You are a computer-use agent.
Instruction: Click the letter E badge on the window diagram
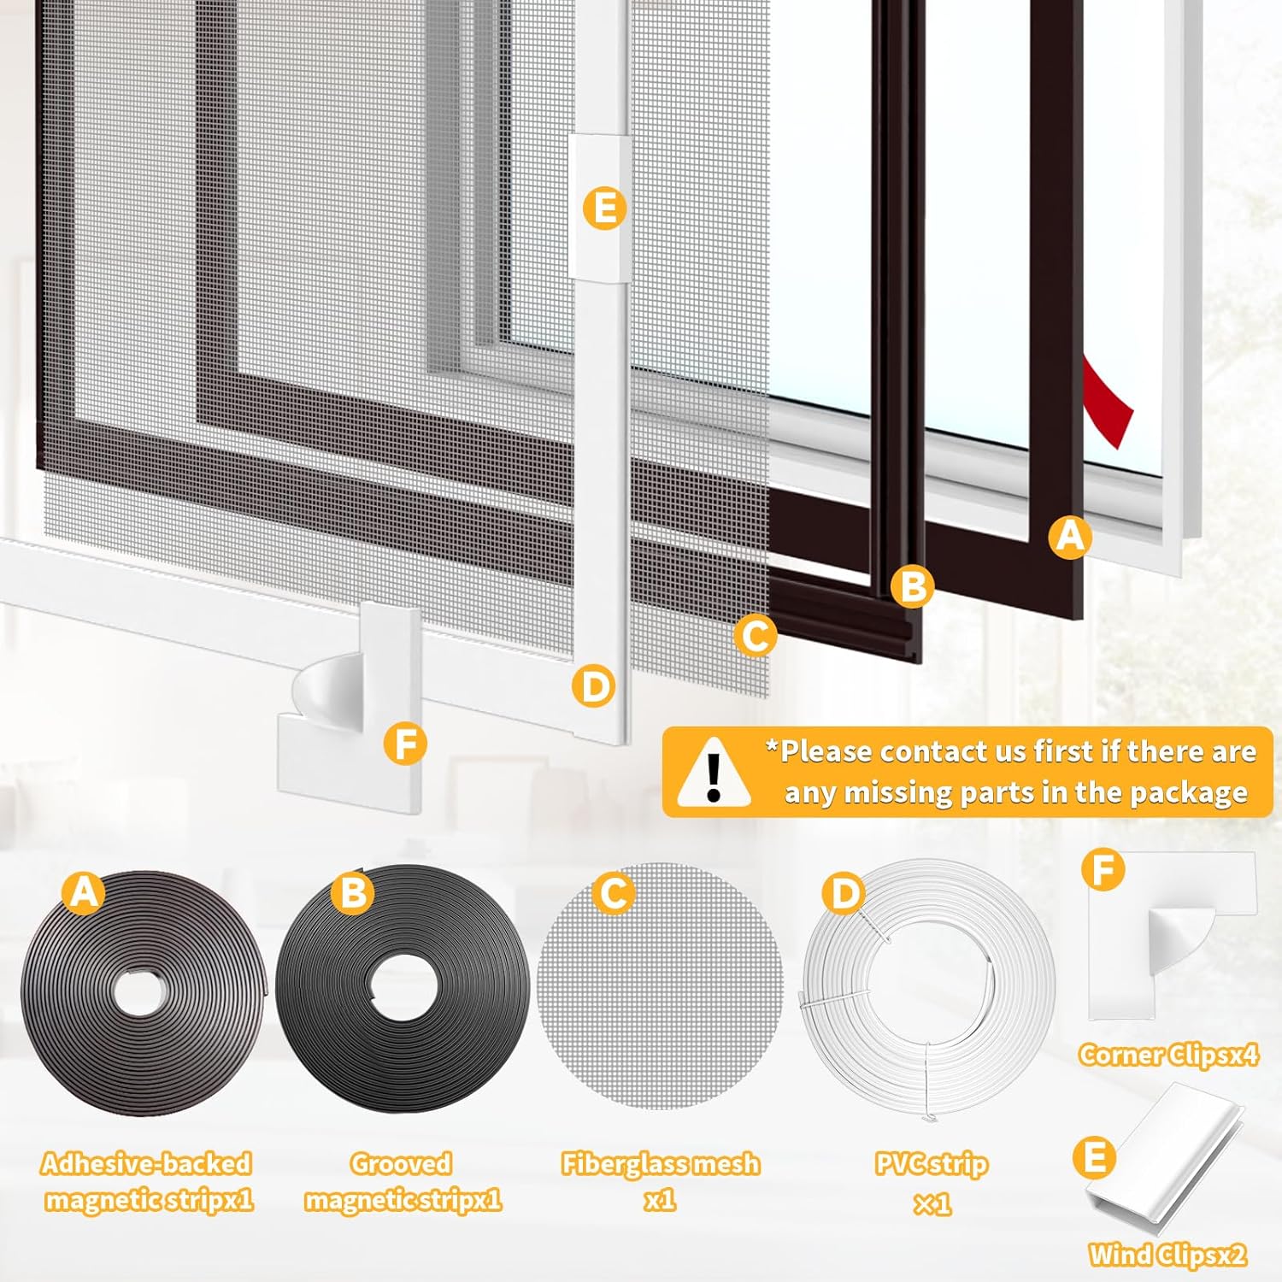tap(604, 209)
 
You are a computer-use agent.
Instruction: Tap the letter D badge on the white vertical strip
tap(594, 685)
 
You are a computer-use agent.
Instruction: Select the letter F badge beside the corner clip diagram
tap(405, 744)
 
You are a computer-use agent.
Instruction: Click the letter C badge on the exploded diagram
tap(756, 635)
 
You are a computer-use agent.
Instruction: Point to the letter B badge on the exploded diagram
tap(912, 586)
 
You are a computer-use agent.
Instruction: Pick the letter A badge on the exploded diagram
tap(1070, 537)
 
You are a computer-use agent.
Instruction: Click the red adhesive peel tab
tap(1108, 403)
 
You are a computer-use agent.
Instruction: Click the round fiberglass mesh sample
tap(660, 987)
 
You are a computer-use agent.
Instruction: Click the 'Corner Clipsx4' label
tap(1167, 1055)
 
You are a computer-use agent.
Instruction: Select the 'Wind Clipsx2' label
tap(1167, 1255)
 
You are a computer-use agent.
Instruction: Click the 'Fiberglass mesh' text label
tap(660, 1163)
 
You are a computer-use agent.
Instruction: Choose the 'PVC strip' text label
tap(931, 1163)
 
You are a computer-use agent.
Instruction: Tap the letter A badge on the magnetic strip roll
tap(83, 892)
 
